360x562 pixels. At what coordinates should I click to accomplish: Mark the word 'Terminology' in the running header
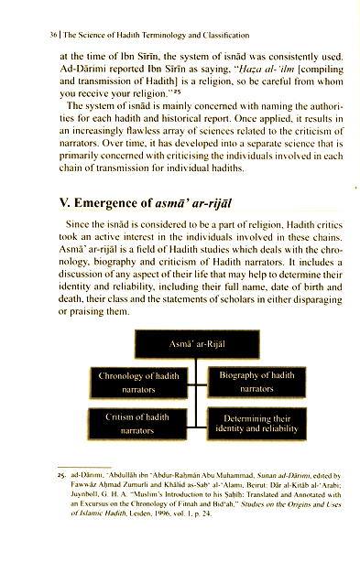click(x=161, y=34)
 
